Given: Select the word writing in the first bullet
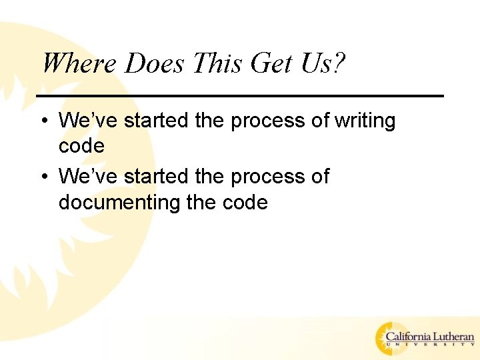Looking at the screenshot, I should [x=365, y=121].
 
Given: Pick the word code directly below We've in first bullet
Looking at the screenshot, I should [x=81, y=146].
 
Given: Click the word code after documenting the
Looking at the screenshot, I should [x=244, y=202].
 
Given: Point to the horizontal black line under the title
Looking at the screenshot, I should [x=240, y=96].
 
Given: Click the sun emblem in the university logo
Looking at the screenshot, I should [x=388, y=339].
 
